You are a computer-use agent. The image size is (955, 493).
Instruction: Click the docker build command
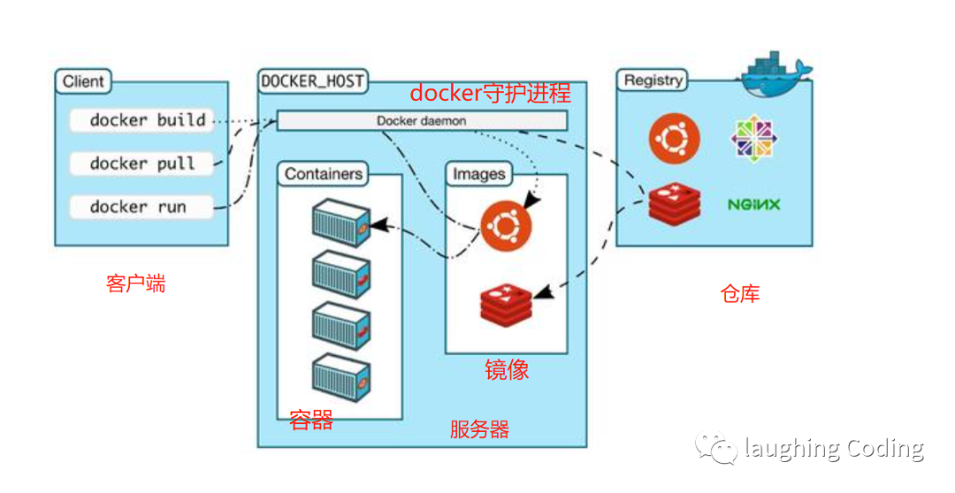point(147,120)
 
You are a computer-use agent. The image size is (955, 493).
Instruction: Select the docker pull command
point(141,164)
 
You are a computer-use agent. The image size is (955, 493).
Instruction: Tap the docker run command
point(140,207)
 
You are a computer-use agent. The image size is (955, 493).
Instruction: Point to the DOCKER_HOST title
point(312,81)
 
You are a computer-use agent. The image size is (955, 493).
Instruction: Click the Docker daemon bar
point(422,120)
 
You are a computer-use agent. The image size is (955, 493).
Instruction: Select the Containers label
point(325,174)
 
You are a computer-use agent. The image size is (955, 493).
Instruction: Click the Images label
point(478,174)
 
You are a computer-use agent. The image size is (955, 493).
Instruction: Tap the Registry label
point(653,81)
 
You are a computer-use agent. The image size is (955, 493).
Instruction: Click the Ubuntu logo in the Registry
point(674,138)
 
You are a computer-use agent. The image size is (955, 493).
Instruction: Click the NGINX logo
point(754,204)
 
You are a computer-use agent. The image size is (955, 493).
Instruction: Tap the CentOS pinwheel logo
point(754,139)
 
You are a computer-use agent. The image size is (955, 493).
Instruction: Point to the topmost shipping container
point(340,221)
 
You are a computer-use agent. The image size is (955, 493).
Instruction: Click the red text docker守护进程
point(489,93)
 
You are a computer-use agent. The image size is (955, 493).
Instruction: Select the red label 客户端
point(135,284)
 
